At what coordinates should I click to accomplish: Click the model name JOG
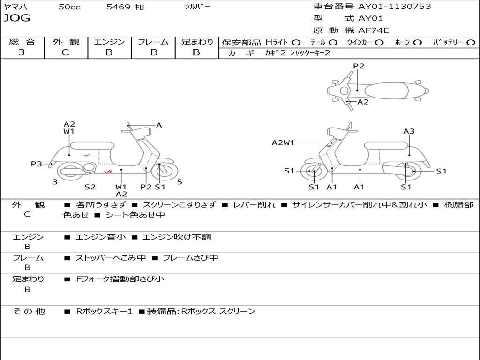point(17,18)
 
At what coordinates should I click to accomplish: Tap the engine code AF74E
point(374,30)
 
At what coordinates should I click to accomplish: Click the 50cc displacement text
point(69,7)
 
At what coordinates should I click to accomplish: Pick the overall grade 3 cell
point(22,52)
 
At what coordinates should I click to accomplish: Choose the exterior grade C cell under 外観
point(66,52)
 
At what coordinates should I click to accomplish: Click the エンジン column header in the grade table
point(109,42)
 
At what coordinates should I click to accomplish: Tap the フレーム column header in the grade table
point(153,42)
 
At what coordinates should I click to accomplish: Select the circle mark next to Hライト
point(296,42)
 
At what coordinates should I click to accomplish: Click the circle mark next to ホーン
point(417,42)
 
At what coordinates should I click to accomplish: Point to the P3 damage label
point(37,164)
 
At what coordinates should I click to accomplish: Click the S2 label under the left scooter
point(90,187)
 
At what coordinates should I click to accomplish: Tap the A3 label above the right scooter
point(409,131)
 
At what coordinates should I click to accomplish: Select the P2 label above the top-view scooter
point(359,66)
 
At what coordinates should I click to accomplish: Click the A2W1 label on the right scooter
point(283,142)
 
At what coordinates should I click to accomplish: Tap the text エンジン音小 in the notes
point(100,237)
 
